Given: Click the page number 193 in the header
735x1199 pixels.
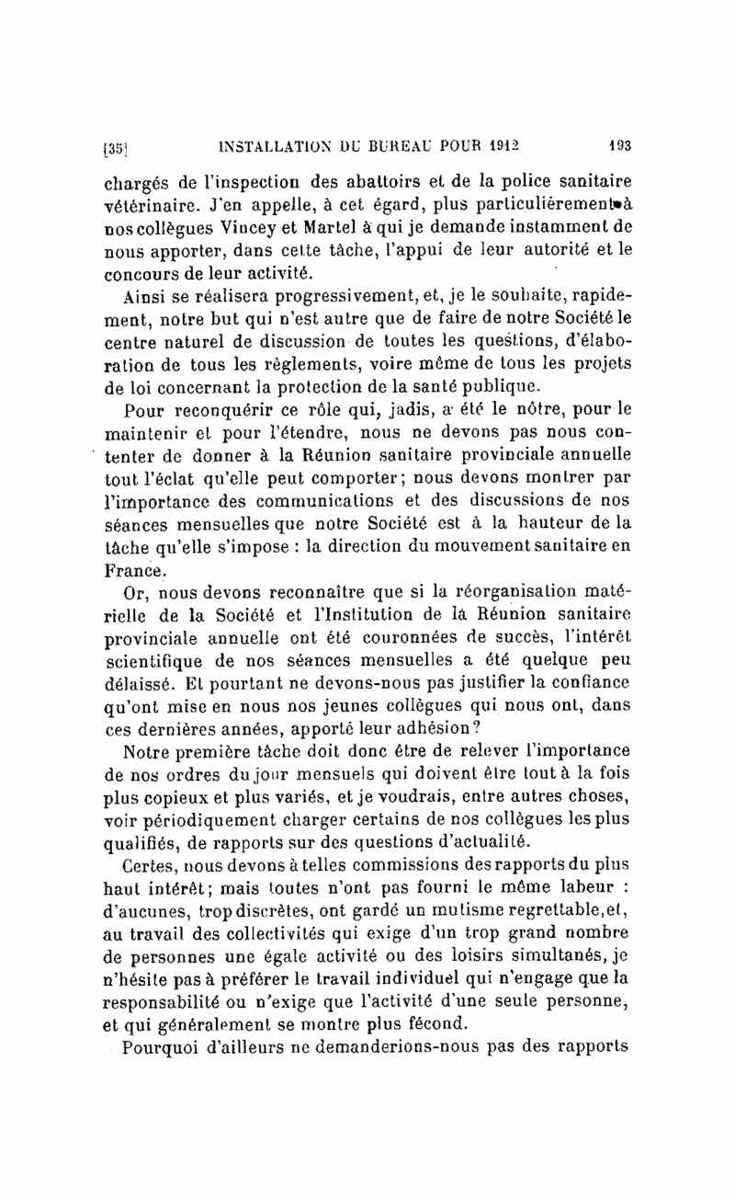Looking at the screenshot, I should [x=616, y=144].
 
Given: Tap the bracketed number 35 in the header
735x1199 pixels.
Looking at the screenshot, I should [x=114, y=145].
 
